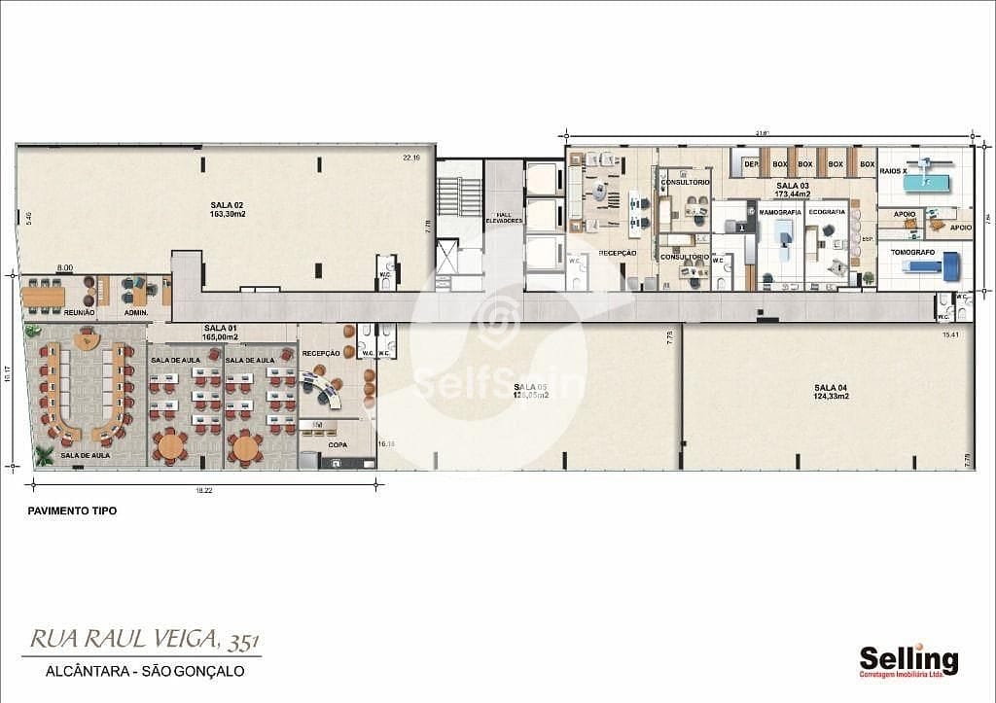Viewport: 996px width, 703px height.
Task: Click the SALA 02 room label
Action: coord(226,204)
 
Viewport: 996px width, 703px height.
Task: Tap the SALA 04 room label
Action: coord(832,387)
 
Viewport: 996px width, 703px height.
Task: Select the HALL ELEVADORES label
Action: coord(504,218)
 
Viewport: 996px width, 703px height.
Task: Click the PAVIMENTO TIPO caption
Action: coord(72,510)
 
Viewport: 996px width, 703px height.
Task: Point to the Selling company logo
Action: coord(908,661)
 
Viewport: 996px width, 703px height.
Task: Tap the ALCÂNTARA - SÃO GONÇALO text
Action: coord(144,671)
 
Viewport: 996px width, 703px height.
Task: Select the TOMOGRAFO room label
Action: coord(912,251)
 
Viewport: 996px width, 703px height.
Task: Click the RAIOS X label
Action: coord(894,170)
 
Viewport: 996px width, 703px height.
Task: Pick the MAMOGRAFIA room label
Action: coord(780,211)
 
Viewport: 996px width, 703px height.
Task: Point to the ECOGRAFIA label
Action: coord(827,211)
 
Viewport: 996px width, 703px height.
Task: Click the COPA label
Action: coord(338,444)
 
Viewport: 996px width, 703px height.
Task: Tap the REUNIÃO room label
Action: coord(79,312)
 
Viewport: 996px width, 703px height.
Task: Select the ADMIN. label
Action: coord(135,312)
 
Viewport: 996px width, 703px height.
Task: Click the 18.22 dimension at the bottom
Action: coord(203,490)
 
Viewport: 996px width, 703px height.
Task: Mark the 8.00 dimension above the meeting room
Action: coord(65,267)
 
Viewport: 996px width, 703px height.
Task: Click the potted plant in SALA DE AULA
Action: coord(44,454)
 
